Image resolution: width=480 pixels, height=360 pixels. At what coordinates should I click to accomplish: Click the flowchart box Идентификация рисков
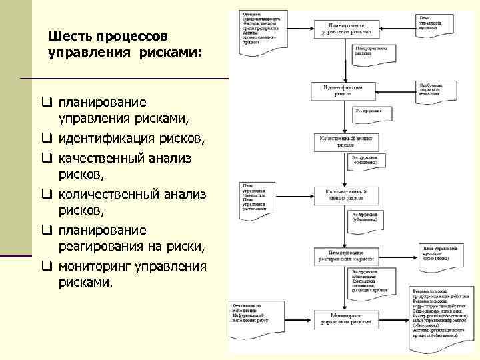click(342, 91)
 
